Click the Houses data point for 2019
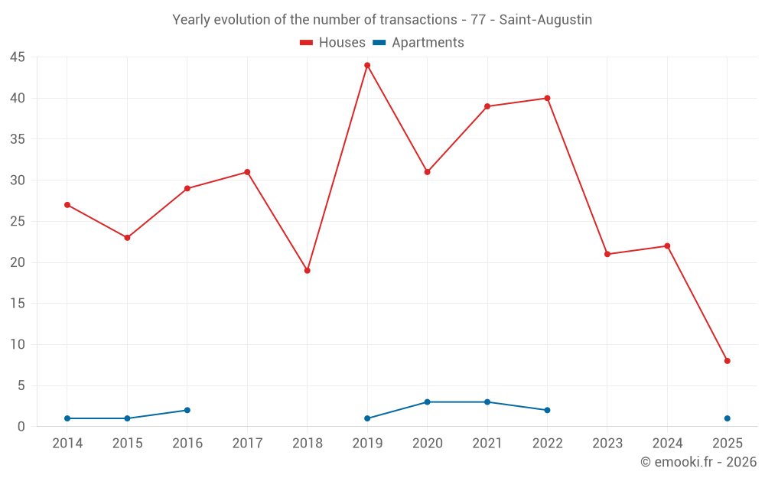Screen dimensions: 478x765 367,65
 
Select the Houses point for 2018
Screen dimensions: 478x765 308,271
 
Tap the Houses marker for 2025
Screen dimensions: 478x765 727,361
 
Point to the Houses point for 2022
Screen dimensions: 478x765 547,98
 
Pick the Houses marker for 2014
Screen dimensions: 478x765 67,205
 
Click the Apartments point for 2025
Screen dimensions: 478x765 727,418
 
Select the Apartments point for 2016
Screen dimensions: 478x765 187,410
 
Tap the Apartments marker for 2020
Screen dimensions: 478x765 427,402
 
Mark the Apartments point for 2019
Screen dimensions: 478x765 367,418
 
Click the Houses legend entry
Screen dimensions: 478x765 333,43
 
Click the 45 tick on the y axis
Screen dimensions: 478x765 18,57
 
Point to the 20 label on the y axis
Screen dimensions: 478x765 18,262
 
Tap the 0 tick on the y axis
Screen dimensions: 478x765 21,427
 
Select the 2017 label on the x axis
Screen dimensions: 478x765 247,444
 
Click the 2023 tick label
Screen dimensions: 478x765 607,444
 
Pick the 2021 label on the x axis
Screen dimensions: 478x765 487,444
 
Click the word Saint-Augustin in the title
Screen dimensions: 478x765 545,20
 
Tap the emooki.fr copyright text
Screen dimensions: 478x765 698,462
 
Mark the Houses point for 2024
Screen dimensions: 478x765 667,246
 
